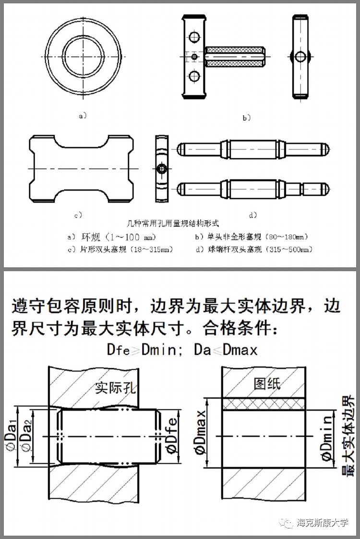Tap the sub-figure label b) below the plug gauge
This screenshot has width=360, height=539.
coord(246,117)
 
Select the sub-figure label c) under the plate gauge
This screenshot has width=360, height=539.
coord(77,215)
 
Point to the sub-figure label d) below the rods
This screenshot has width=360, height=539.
coord(253,215)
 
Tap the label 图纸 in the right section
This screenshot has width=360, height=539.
coord(267,383)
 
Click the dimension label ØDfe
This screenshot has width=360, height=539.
coord(172,436)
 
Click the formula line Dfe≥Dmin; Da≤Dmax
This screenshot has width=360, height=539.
coord(182,349)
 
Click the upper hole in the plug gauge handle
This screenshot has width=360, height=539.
coord(194,37)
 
